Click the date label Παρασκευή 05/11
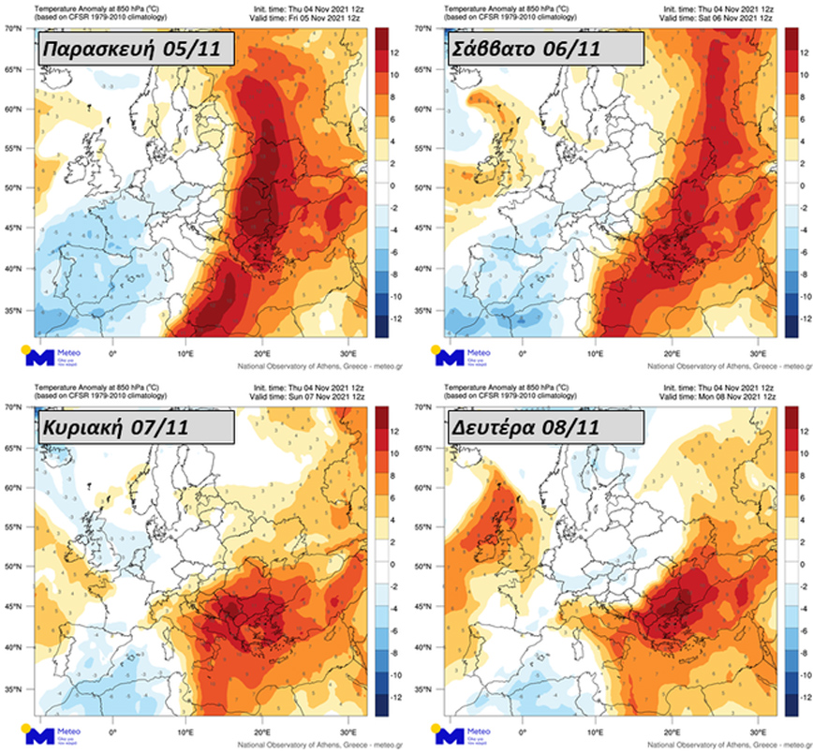click(129, 49)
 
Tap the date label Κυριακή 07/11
click(127, 427)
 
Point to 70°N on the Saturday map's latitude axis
click(423, 29)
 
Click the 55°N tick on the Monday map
click(423, 527)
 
